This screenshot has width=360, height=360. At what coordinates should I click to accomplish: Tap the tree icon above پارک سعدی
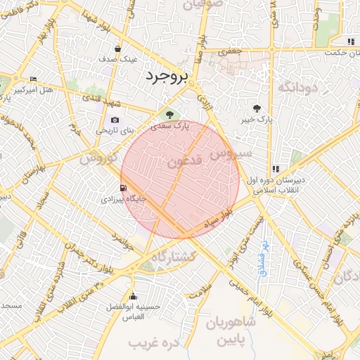coord(169,115)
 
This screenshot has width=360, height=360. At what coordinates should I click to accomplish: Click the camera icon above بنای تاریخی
coord(115,120)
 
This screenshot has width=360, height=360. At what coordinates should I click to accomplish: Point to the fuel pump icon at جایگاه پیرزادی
coord(124,188)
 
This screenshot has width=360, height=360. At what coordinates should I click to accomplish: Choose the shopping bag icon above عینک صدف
coord(117,49)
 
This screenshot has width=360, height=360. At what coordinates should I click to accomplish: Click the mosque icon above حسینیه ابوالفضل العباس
coord(134,296)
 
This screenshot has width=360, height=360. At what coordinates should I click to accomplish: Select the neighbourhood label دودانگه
coord(299,87)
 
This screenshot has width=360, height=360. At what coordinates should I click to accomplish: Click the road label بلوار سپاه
coord(217,221)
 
